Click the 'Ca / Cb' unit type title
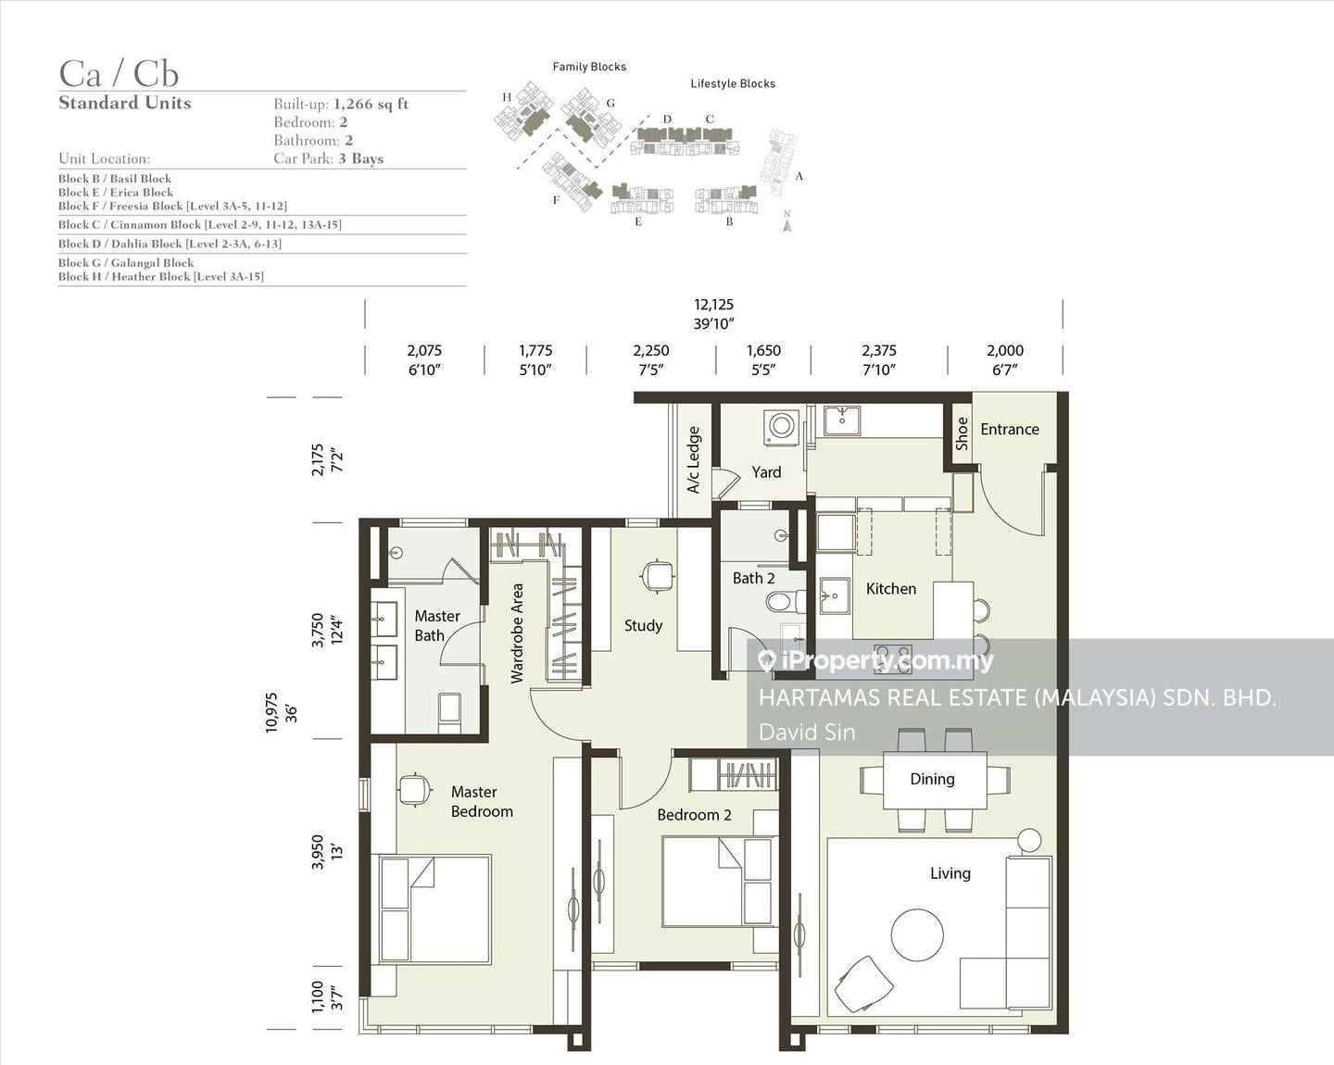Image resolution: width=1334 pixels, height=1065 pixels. pyautogui.click(x=119, y=74)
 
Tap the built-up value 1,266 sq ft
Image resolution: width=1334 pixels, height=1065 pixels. pyautogui.click(x=371, y=104)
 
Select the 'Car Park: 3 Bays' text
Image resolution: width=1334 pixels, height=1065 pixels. pyautogui.click(x=329, y=158)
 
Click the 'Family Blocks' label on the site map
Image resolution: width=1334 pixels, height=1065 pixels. pyautogui.click(x=589, y=67)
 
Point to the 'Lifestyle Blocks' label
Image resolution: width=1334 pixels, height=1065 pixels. pyautogui.click(x=733, y=83)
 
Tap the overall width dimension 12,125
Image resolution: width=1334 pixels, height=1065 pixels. pyautogui.click(x=713, y=305)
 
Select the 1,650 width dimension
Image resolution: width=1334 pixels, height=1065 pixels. pyautogui.click(x=763, y=350)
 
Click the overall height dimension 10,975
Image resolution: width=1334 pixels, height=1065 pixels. pyautogui.click(x=271, y=713)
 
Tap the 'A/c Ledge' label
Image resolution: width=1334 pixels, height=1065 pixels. pyautogui.click(x=694, y=460)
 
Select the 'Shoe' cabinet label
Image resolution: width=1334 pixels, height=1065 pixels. pyautogui.click(x=963, y=433)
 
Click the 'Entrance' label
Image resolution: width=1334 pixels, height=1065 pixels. pyautogui.click(x=1009, y=429)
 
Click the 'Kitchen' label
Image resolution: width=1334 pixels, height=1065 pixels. pyautogui.click(x=891, y=588)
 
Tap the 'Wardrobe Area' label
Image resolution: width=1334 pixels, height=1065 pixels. pyautogui.click(x=517, y=633)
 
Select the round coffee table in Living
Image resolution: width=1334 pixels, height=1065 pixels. pyautogui.click(x=917, y=934)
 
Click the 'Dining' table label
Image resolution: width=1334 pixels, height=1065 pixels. pyautogui.click(x=932, y=779)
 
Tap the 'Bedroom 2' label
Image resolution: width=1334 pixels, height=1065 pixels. pyautogui.click(x=694, y=815)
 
